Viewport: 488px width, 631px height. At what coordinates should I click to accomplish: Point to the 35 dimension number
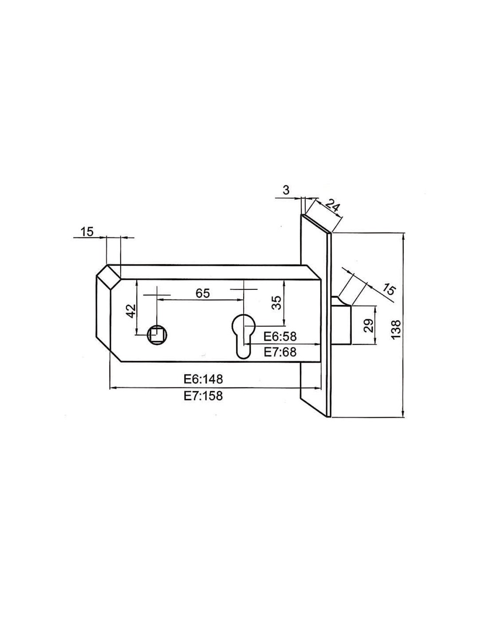(277, 303)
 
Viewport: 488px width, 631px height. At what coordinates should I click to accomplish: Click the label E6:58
(280, 336)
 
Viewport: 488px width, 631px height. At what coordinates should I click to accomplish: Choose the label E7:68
(280, 352)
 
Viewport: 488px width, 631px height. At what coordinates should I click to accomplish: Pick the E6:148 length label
(203, 379)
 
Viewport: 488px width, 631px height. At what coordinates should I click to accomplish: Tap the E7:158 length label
(203, 395)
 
